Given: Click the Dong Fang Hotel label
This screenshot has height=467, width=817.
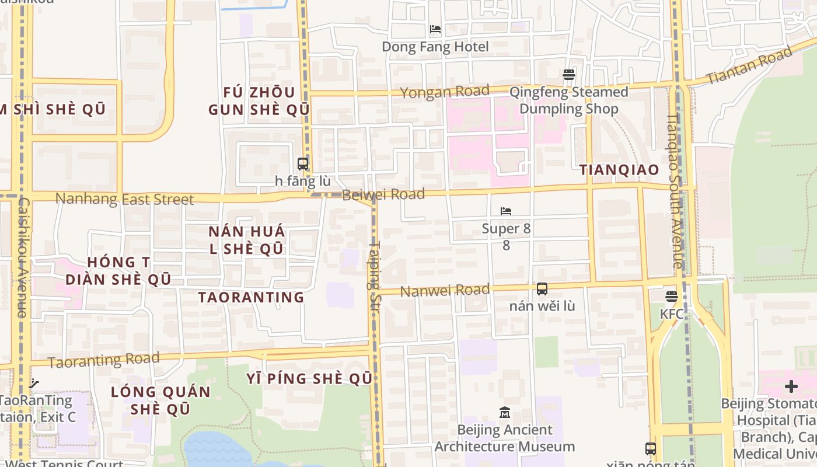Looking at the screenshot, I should point(435,47).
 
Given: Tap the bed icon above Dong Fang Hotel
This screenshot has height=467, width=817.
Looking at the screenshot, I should point(435,29).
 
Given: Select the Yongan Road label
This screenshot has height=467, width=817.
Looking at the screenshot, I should point(445,92).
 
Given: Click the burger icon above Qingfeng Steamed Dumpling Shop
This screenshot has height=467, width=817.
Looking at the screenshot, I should point(569,75).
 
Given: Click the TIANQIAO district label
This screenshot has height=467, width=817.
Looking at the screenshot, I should point(619,170).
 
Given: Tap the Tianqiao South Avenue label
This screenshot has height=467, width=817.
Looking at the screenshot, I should point(675,191).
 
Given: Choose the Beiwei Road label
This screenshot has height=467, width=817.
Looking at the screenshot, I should point(383,194).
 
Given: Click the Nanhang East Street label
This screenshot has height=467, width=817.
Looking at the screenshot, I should point(124,199).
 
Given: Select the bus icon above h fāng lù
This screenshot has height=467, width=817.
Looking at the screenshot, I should point(302,164).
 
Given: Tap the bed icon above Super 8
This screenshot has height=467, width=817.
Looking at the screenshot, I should point(506,211).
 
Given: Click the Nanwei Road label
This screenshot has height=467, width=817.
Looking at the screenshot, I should point(445,290).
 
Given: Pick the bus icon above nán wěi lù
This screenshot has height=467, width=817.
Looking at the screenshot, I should point(542,288).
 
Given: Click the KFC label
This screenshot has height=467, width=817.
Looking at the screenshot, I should point(671,314).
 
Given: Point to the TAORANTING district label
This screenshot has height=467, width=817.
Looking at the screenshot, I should point(251,297).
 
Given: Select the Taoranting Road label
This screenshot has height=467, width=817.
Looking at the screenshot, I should point(103,360).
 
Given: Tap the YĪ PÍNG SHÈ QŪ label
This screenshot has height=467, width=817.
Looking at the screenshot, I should point(309,379).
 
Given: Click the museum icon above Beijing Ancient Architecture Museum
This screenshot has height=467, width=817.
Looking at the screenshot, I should point(505,413).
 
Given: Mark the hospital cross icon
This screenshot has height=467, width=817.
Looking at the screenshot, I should point(791,386).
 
